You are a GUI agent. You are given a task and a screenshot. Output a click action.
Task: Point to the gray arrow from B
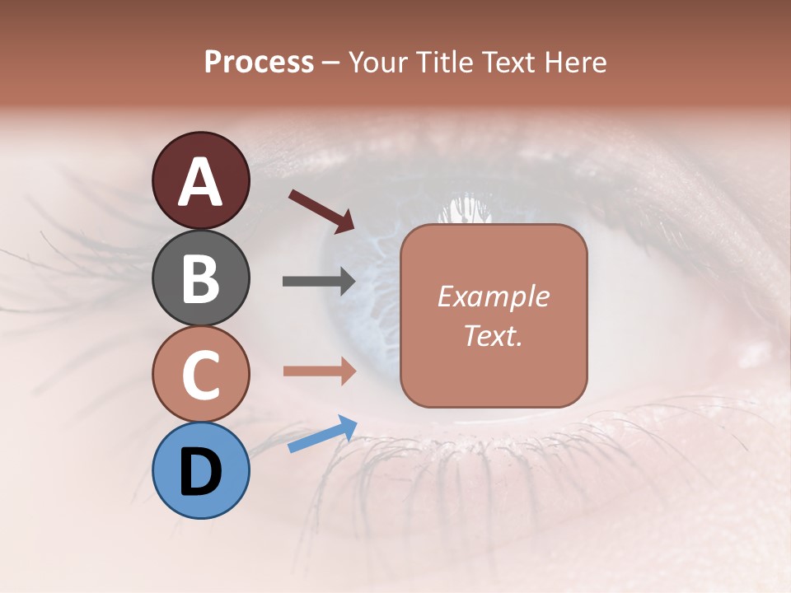pyautogui.click(x=319, y=282)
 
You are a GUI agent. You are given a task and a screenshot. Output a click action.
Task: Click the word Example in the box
pyautogui.click(x=493, y=296)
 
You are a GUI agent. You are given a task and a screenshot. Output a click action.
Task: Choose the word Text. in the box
pyautogui.click(x=493, y=336)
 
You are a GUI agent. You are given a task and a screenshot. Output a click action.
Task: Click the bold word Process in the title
pyautogui.click(x=259, y=62)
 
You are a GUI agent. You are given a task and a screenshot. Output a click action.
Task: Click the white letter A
pyautogui.click(x=200, y=183)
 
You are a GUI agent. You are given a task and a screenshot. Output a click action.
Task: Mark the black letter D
pyautogui.click(x=200, y=473)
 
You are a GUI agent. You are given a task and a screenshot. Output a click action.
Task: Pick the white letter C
pyautogui.click(x=200, y=376)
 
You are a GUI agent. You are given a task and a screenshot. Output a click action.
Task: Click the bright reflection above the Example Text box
pyautogui.click(x=466, y=210)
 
